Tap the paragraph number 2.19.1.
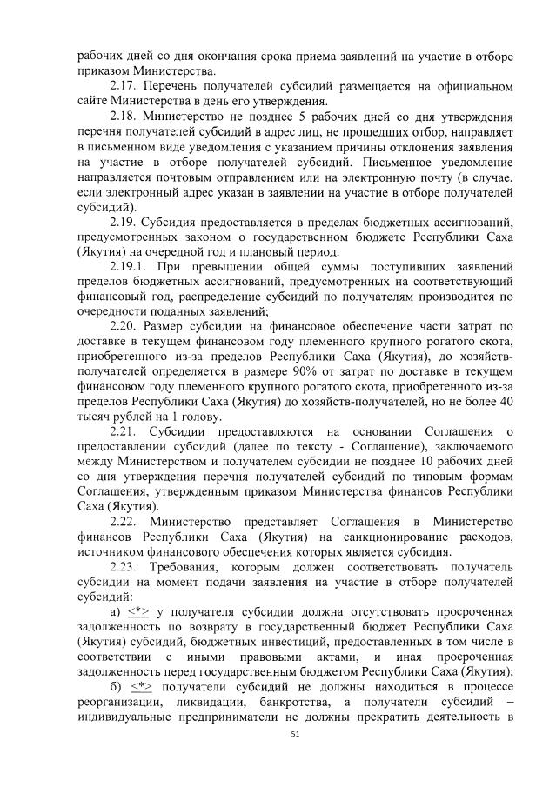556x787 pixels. (x=132, y=265)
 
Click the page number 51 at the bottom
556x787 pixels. (x=295, y=735)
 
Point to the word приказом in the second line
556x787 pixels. (x=104, y=71)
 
